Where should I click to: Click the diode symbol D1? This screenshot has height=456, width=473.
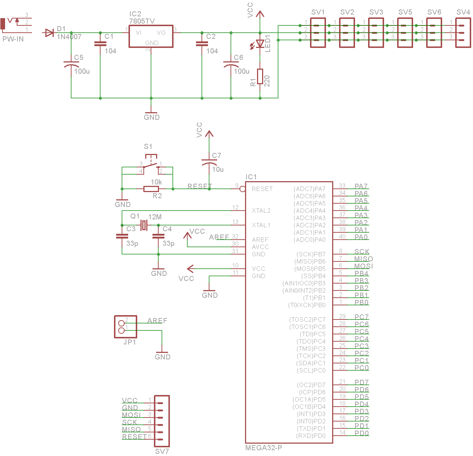(x=49, y=33)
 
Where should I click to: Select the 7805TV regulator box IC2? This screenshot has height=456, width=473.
(x=151, y=36)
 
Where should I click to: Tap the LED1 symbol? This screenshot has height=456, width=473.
(x=260, y=44)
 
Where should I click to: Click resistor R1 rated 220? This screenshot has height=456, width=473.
(x=260, y=76)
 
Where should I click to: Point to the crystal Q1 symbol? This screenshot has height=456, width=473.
(x=144, y=225)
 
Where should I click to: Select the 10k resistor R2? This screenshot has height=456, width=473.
(x=151, y=189)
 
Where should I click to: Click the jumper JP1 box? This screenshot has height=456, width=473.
(x=126, y=327)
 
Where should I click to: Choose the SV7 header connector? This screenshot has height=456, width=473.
(x=162, y=421)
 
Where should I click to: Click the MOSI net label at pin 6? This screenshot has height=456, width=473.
(x=363, y=266)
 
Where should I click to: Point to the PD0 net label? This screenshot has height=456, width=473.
(x=362, y=433)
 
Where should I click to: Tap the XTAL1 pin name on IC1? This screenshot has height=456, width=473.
(x=261, y=225)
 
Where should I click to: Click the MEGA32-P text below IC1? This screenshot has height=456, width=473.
(x=264, y=448)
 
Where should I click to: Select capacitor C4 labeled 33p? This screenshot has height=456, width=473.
(x=158, y=236)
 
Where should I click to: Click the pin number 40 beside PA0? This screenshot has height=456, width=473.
(x=342, y=237)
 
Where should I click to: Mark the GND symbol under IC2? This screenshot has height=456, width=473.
(x=151, y=115)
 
